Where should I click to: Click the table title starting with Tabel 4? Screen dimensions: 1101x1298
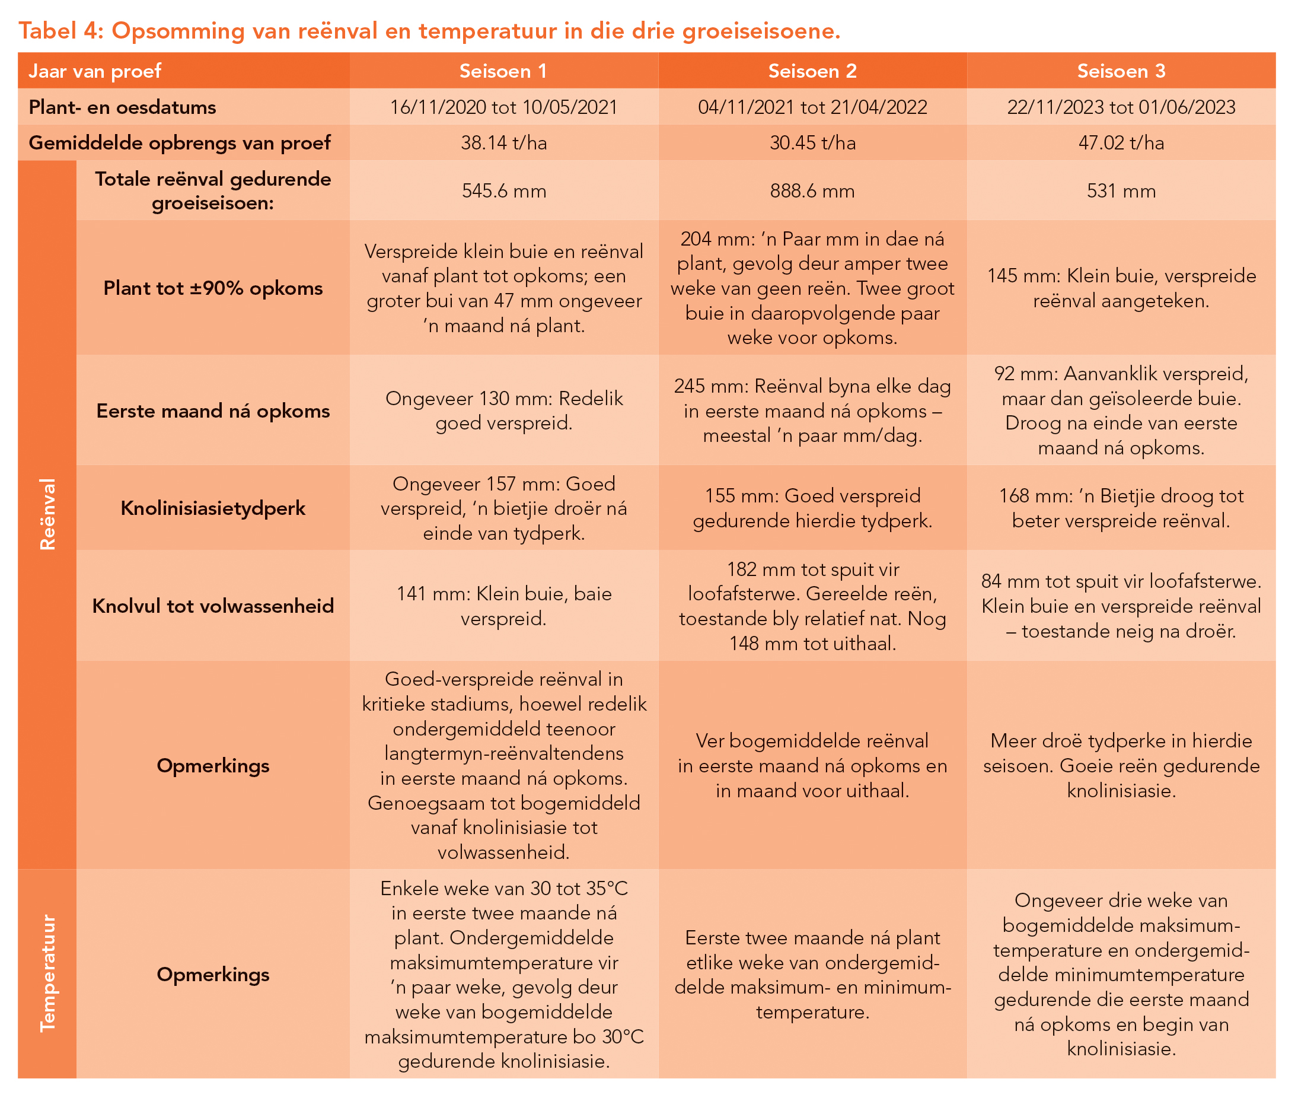pyautogui.click(x=429, y=31)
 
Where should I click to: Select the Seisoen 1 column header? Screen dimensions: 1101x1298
pyautogui.click(x=503, y=71)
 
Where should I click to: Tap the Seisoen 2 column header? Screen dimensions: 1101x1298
pyautogui.click(x=812, y=71)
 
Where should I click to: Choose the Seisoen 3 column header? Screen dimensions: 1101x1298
pyautogui.click(x=1120, y=71)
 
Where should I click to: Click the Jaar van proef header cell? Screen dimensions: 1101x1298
pyautogui.click(x=95, y=71)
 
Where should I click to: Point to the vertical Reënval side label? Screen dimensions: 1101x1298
pyautogui.click(x=47, y=514)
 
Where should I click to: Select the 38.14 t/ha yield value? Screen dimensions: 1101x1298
pyautogui.click(x=503, y=143)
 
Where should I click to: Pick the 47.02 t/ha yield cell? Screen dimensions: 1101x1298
pyautogui.click(x=1120, y=143)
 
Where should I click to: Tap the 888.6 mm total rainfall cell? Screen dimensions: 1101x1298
pyautogui.click(x=812, y=191)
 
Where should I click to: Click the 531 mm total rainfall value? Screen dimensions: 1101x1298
pyautogui.click(x=1120, y=191)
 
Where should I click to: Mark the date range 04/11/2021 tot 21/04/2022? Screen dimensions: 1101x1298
pyautogui.click(x=812, y=107)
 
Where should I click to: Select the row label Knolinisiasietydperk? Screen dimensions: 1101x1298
pyautogui.click(x=213, y=508)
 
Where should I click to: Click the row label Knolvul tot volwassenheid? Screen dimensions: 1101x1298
pyautogui.click(x=213, y=606)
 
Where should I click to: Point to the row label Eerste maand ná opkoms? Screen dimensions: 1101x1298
pyautogui.click(x=213, y=411)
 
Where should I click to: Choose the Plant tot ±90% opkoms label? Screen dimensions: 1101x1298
pyautogui.click(x=213, y=288)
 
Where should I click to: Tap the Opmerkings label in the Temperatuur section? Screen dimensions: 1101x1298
pyautogui.click(x=213, y=973)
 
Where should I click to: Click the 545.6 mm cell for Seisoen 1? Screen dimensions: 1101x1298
pyautogui.click(x=503, y=191)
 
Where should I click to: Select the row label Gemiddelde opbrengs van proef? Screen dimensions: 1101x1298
pyautogui.click(x=179, y=143)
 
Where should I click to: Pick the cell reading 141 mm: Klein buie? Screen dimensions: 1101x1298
pyautogui.click(x=503, y=606)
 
